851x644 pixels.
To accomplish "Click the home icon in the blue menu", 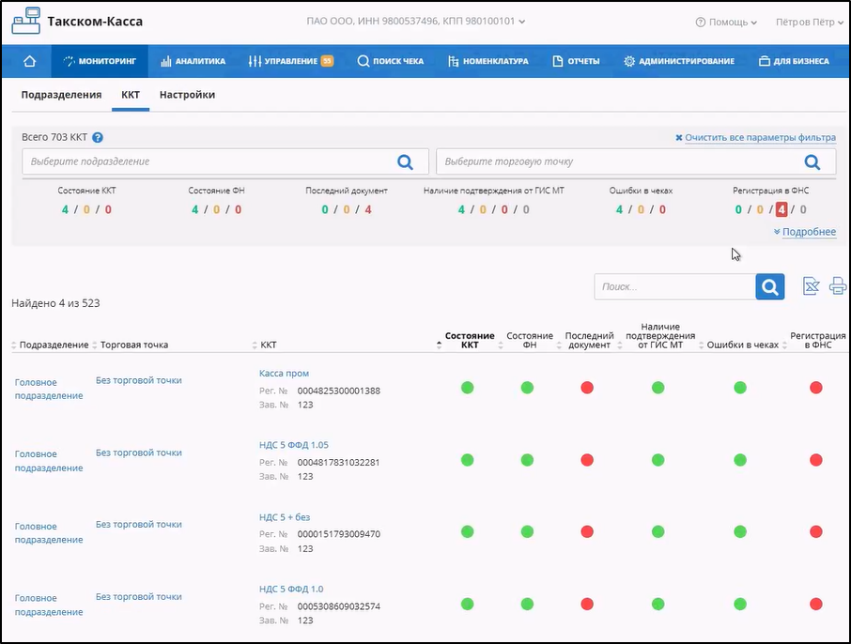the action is [x=29, y=61].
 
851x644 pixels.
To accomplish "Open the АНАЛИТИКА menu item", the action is [x=193, y=61].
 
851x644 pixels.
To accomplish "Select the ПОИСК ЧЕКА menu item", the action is [x=390, y=61].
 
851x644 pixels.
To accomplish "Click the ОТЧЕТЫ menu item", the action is [x=576, y=61].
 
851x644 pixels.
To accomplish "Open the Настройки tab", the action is [x=187, y=95].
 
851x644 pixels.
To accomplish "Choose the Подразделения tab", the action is [x=61, y=95].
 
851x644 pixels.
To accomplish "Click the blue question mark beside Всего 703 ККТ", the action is [x=98, y=137].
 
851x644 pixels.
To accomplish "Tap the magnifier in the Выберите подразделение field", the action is [x=405, y=161].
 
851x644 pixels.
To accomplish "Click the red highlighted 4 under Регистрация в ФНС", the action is [x=781, y=209].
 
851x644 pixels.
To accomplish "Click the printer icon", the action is [x=838, y=286].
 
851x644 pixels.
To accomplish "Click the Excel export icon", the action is [x=811, y=286].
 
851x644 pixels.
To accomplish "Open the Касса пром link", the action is [x=284, y=374].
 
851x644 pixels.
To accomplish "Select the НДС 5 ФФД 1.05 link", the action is [x=294, y=445].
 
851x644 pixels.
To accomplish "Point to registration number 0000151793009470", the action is [x=339, y=534].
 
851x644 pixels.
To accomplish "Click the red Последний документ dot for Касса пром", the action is [x=587, y=388].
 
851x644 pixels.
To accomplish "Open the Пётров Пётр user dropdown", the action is [x=810, y=23].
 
